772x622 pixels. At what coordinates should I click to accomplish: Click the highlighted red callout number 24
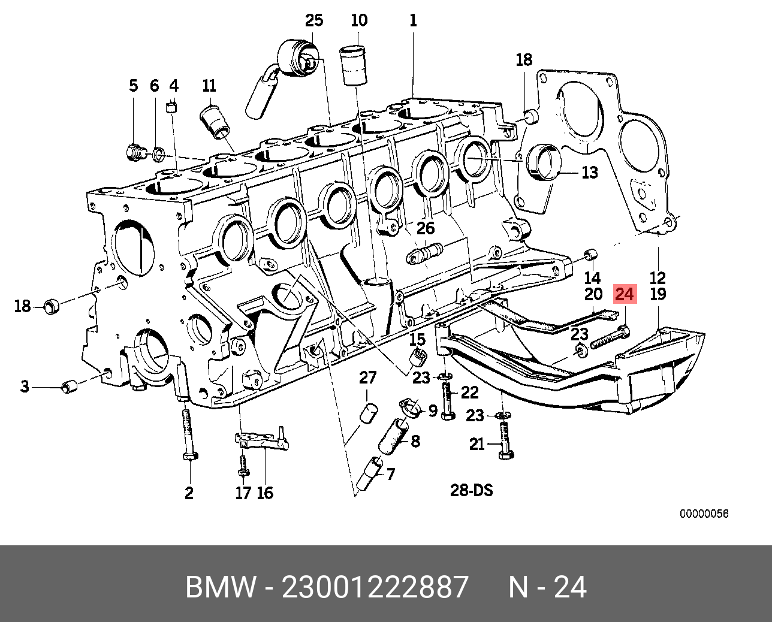pyautogui.click(x=624, y=294)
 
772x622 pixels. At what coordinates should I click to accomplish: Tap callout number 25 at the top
pyautogui.click(x=313, y=20)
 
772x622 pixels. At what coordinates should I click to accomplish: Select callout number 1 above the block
pyautogui.click(x=413, y=20)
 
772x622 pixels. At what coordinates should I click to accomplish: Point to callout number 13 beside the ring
pyautogui.click(x=590, y=173)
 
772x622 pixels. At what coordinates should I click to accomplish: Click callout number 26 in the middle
pyautogui.click(x=426, y=228)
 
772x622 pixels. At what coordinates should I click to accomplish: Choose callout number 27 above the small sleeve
pyautogui.click(x=367, y=378)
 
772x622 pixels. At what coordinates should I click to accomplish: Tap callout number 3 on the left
pyautogui.click(x=25, y=387)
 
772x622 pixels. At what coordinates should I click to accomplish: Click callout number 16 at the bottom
pyautogui.click(x=265, y=493)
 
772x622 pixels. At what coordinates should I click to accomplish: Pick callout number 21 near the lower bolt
pyautogui.click(x=477, y=444)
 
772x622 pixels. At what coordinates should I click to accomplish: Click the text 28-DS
pyautogui.click(x=471, y=490)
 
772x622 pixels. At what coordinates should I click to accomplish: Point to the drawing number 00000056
pyautogui.click(x=704, y=514)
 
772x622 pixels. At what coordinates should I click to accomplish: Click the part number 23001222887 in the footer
pyautogui.click(x=375, y=587)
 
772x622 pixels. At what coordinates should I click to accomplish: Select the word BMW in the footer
pyautogui.click(x=221, y=587)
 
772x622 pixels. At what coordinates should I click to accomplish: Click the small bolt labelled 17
pyautogui.click(x=243, y=466)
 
